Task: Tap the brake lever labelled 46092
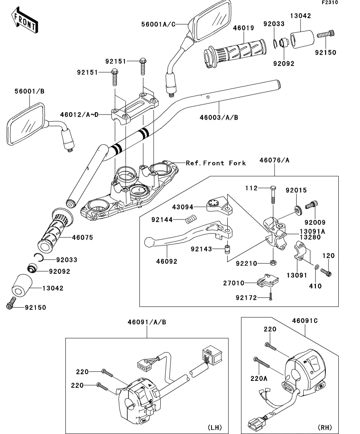click(177, 238)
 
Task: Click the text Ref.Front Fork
click(216, 163)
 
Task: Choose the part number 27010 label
click(245, 283)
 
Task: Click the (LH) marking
click(214, 427)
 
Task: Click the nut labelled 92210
click(272, 262)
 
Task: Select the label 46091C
click(304, 321)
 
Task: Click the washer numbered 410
click(317, 268)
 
